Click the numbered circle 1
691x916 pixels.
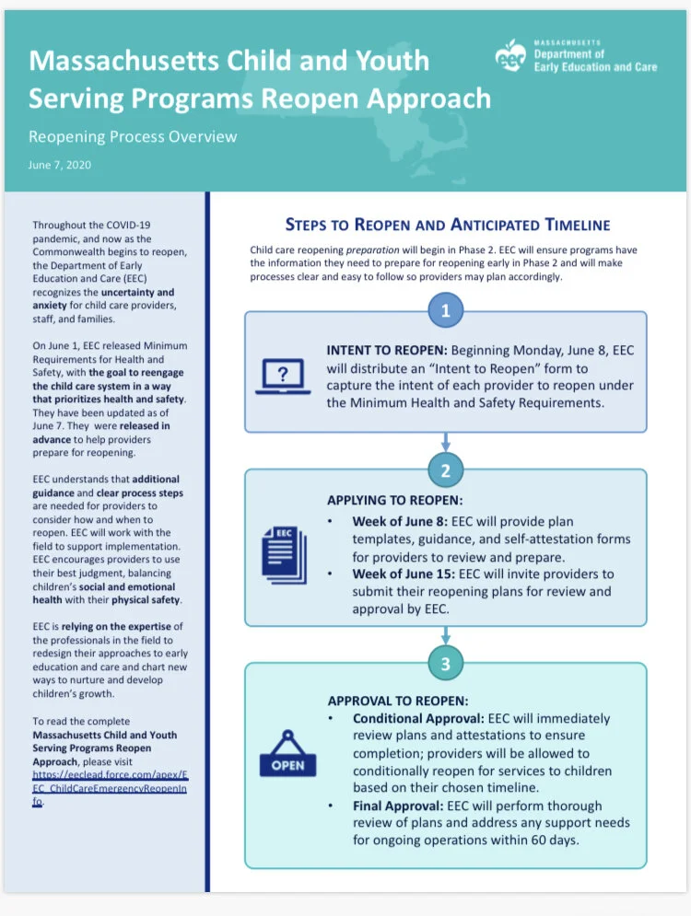tap(446, 311)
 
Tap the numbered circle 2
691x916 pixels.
tap(446, 470)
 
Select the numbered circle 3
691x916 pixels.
tap(446, 661)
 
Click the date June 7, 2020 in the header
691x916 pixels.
tap(59, 166)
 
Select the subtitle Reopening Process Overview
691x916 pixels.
tap(133, 137)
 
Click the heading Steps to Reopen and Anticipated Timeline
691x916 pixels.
tap(447, 225)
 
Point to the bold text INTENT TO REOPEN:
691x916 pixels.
tap(388, 351)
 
